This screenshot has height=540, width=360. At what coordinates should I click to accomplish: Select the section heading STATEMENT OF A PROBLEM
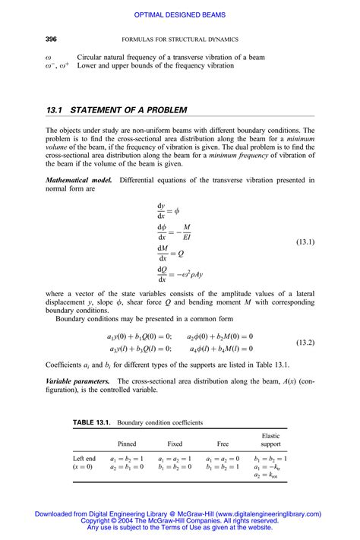pyautogui.click(x=128, y=110)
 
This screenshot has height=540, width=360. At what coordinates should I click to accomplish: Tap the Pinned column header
pyautogui.click(x=127, y=444)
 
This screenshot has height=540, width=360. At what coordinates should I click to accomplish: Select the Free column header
pyautogui.click(x=223, y=444)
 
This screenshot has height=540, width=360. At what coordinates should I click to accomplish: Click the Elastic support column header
pyautogui.click(x=270, y=440)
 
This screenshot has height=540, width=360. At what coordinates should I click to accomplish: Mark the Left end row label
pyautogui.click(x=84, y=459)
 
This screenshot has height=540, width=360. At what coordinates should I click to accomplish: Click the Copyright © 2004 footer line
pyautogui.click(x=179, y=521)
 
